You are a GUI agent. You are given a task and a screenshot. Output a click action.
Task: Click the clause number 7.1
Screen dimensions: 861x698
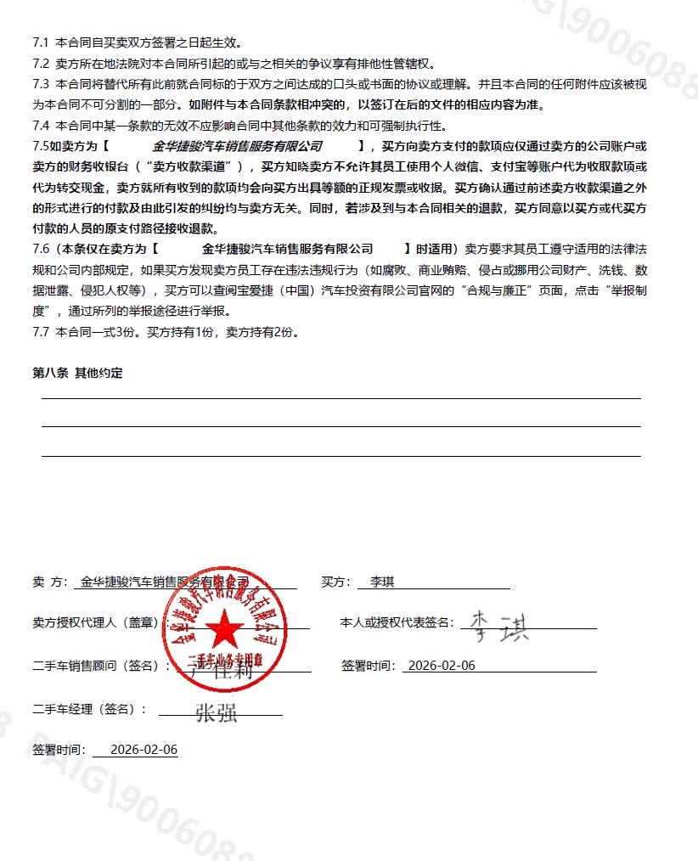tap(41, 42)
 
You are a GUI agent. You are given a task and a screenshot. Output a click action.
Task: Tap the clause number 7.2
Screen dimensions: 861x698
tap(41, 64)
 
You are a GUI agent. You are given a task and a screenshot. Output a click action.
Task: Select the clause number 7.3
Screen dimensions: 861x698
tap(41, 84)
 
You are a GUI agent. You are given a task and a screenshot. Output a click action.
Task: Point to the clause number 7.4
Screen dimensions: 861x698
tap(41, 126)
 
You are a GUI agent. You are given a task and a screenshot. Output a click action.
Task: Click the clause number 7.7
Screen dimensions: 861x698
tap(41, 332)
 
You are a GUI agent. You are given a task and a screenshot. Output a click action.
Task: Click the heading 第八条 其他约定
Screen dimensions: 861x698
tap(77, 373)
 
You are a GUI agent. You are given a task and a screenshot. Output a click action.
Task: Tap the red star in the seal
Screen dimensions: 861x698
tap(225, 630)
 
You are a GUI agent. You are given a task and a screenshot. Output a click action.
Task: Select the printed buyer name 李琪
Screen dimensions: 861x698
tap(376, 582)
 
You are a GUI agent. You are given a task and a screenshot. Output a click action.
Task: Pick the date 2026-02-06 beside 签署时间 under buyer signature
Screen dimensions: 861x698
tap(442, 665)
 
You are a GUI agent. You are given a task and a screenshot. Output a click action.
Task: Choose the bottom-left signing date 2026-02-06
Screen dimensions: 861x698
tap(144, 750)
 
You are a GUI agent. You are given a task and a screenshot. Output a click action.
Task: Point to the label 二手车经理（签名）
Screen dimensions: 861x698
tap(89, 708)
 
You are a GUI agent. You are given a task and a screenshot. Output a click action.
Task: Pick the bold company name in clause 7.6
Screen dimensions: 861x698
tap(288, 249)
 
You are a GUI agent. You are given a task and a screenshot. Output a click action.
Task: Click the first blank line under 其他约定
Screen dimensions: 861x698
tap(341, 397)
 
